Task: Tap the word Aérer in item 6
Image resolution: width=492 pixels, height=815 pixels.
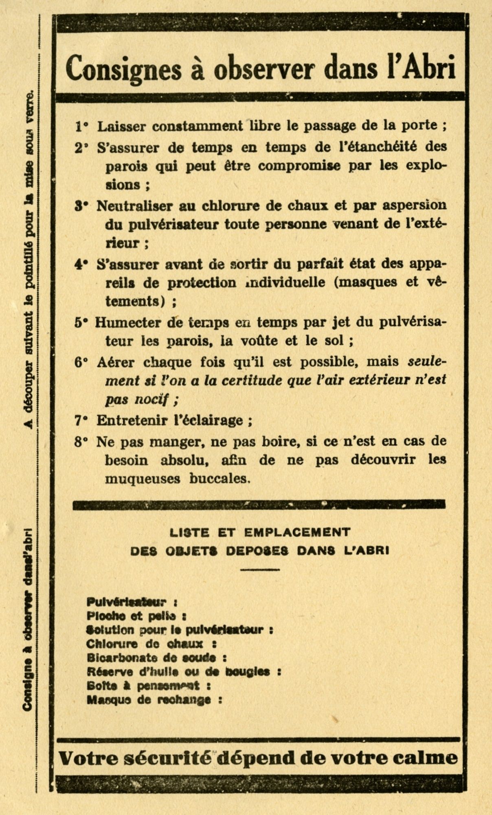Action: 114,362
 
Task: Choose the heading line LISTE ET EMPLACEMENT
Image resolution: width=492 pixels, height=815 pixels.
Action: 259,532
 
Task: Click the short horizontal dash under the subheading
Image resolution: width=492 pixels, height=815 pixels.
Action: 259,570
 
